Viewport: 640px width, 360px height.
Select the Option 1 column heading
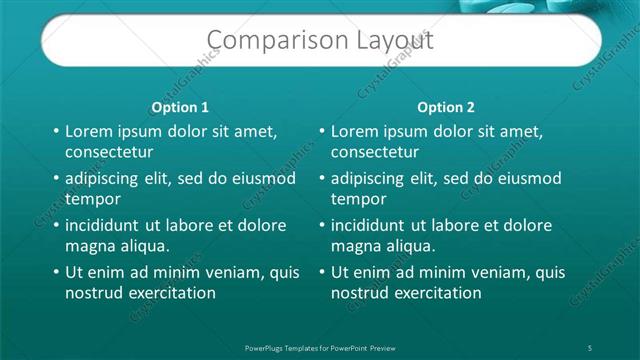tap(180, 107)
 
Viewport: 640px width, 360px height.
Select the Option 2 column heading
tap(446, 107)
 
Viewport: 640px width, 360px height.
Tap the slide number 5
tap(591, 346)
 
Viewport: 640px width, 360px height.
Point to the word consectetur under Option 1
tap(109, 152)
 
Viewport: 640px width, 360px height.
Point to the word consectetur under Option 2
tap(375, 152)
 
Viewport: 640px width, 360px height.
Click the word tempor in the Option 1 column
tap(92, 199)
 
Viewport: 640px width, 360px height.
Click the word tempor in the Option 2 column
tap(358, 199)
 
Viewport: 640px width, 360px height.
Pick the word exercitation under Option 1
tap(170, 293)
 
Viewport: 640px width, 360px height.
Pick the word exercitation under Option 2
tap(436, 293)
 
